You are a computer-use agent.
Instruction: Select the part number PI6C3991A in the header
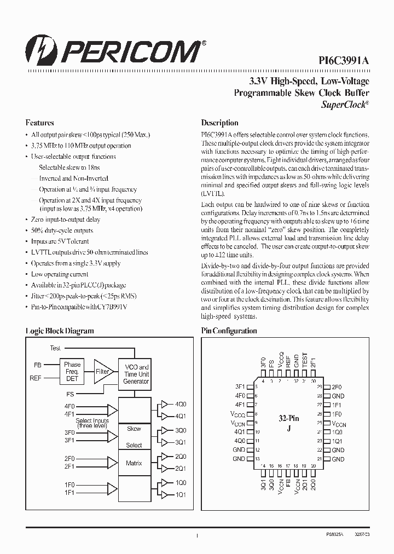pos(344,61)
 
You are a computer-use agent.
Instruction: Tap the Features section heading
pos(39,123)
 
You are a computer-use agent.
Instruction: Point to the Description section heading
pos(219,123)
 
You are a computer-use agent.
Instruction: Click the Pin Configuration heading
pos(229,331)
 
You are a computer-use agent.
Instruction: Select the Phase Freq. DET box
pos(72,371)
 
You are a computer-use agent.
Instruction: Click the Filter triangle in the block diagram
pos(102,371)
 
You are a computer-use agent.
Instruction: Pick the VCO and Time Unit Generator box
pos(136,374)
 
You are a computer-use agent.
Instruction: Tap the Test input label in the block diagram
pos(55,348)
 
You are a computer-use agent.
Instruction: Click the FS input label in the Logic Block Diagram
pos(69,394)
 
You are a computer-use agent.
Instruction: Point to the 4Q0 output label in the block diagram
pos(181,404)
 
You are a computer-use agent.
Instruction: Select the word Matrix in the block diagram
pos(134,463)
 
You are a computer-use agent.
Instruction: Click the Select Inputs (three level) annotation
pos(92,423)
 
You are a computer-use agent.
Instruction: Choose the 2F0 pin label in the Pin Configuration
pos(337,386)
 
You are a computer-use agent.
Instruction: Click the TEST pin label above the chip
pos(305,359)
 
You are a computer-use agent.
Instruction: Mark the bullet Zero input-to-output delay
pos(66,220)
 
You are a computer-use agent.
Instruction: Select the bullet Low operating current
pos(60,274)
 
